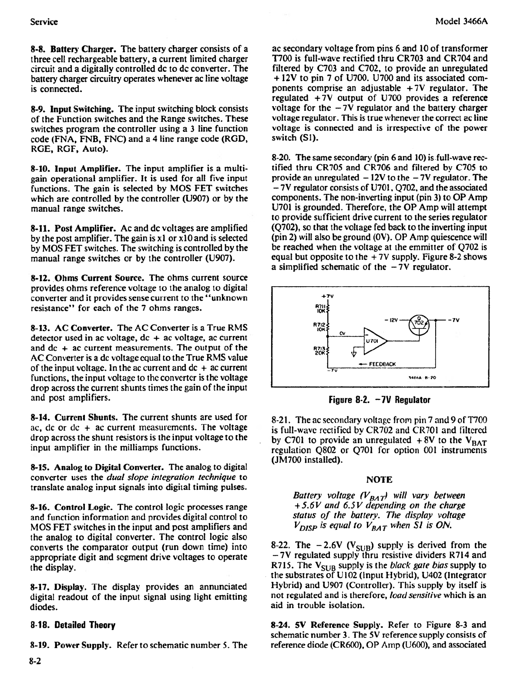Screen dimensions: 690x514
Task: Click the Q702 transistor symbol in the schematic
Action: pos(418,322)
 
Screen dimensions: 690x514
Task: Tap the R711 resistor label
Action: pos(321,308)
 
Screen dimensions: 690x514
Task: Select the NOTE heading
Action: pos(379,480)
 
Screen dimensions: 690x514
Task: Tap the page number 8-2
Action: pos(35,661)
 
